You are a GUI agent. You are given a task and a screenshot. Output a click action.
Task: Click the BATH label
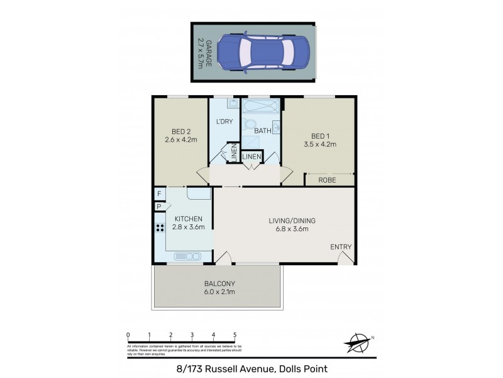[262, 131]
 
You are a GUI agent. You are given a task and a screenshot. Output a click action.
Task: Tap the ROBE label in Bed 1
[326, 180]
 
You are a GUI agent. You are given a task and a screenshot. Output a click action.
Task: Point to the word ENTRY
[341, 247]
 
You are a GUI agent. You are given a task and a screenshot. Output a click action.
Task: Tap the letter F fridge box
[160, 194]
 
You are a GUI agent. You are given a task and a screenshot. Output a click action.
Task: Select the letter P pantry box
[159, 206]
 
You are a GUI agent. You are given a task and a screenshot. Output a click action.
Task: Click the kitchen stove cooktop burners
[160, 229]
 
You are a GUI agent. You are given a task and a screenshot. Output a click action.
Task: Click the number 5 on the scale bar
[235, 335]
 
